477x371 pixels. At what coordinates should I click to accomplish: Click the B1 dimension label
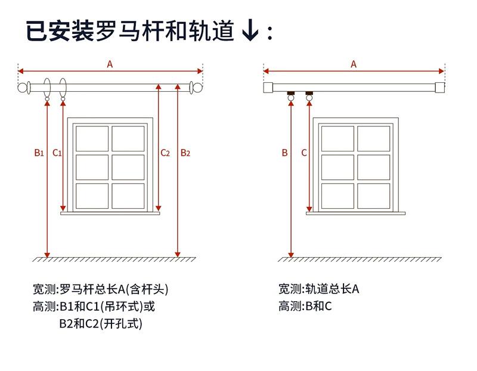point(39,153)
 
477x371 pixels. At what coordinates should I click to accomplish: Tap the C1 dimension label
point(57,153)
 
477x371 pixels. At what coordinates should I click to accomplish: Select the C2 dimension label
point(165,153)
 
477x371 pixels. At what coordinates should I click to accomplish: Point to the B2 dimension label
point(185,153)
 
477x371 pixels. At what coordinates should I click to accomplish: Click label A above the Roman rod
point(110,64)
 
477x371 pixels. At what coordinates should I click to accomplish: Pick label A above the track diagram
point(354,64)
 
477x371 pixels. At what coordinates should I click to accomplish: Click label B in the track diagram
point(285,153)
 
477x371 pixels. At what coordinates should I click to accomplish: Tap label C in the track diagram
point(304,153)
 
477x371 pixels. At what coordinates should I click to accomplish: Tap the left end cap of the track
point(268,87)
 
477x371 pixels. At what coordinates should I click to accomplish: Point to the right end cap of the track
point(440,87)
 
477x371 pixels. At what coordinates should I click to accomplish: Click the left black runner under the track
point(291,93)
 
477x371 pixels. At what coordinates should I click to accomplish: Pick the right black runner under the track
point(309,93)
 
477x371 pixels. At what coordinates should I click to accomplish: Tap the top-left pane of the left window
point(93,138)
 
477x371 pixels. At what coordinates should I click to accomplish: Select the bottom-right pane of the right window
point(373,195)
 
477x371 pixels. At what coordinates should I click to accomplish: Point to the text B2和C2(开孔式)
point(101,324)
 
